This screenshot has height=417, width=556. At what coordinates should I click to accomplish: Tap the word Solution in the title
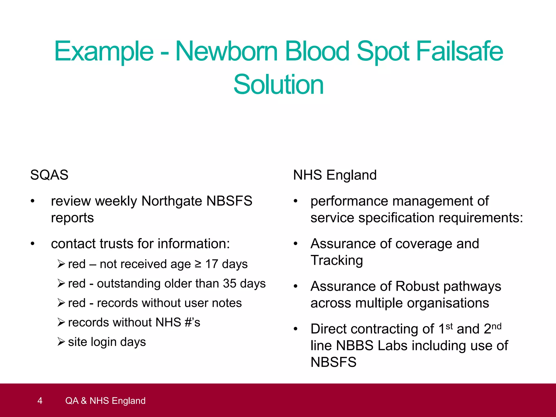click(278, 85)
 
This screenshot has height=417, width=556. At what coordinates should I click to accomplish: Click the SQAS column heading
click(49, 175)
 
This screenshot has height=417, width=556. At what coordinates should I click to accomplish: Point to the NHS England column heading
click(335, 175)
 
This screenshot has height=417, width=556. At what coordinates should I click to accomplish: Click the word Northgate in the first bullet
click(172, 201)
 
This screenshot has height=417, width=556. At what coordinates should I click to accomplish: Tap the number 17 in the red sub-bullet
click(211, 264)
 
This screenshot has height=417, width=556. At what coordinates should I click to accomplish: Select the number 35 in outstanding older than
click(230, 284)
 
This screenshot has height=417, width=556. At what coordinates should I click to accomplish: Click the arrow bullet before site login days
click(61, 342)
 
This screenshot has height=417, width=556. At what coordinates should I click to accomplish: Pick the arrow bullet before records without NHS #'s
click(61, 323)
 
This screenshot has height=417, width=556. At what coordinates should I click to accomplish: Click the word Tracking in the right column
click(337, 260)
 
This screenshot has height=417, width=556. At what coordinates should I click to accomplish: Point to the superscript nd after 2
click(496, 326)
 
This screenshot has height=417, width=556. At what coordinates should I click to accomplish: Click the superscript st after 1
click(449, 326)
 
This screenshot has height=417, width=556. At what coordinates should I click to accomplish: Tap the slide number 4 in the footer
click(40, 401)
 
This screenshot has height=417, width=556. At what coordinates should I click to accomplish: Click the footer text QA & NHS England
click(105, 401)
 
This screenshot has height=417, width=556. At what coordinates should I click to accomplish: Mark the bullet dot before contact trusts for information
click(33, 244)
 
